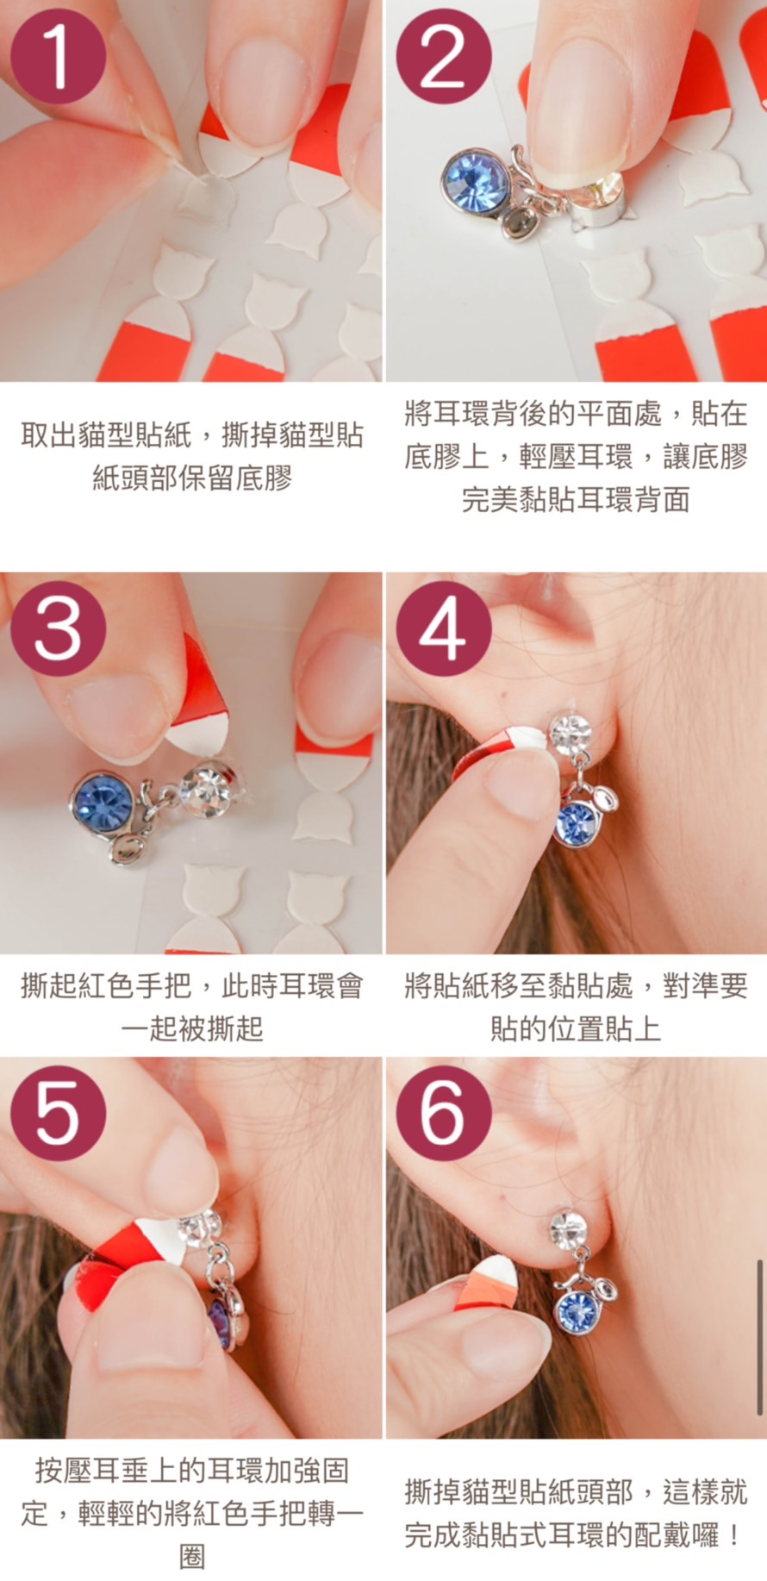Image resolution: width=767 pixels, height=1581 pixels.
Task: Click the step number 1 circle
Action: point(58,57)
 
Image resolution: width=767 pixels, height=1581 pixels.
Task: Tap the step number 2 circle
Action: point(443,57)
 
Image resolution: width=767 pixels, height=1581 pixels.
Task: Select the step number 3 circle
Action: point(58,628)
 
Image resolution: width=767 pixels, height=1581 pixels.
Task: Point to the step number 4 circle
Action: point(443,628)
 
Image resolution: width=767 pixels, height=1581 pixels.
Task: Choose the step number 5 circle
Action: point(58,1113)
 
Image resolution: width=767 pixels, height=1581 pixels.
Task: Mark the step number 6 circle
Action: point(443,1113)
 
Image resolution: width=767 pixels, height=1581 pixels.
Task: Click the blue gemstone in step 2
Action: point(477,182)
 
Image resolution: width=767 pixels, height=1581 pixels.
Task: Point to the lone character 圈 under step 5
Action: point(191,1556)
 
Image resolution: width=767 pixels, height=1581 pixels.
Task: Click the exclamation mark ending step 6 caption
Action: point(733,1534)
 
